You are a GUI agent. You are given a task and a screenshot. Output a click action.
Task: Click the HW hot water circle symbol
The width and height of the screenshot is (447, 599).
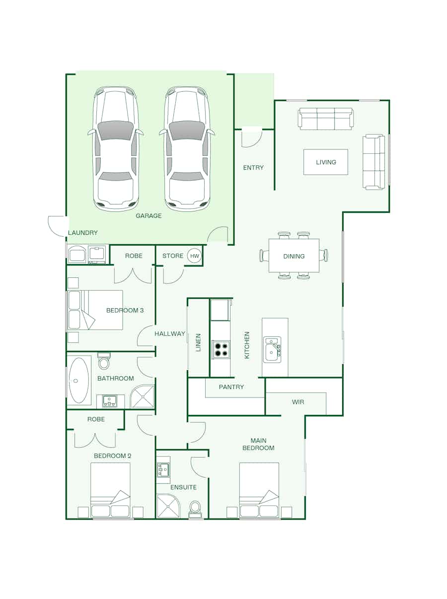(194, 256)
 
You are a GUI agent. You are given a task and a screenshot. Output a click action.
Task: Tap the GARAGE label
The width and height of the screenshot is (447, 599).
(149, 216)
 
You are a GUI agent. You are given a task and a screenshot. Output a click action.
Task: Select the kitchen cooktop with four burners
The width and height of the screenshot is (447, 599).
(221, 349)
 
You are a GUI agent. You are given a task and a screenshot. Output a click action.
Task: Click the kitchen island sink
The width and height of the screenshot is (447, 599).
(272, 349)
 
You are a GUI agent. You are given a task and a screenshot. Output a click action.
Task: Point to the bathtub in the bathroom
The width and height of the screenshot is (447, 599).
(79, 380)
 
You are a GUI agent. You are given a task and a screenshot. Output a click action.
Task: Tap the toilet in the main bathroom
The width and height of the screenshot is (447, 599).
(104, 361)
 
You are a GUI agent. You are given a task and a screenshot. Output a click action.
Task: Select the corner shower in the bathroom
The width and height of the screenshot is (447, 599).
(142, 397)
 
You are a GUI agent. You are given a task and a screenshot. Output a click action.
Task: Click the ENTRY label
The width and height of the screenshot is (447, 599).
(253, 168)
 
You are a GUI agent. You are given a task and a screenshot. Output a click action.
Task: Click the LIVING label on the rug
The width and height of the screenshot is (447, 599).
(326, 162)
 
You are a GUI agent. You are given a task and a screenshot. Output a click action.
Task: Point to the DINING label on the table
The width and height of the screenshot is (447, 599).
(294, 256)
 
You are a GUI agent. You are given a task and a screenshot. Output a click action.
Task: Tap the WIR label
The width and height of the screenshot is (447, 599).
(298, 402)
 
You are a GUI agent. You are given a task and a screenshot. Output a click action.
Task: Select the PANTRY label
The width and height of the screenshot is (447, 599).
(231, 387)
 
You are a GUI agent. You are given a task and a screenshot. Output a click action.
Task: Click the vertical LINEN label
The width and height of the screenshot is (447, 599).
(198, 342)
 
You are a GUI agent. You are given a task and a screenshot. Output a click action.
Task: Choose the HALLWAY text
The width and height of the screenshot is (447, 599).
(170, 333)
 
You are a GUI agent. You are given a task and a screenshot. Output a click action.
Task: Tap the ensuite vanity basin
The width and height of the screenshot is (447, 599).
(163, 470)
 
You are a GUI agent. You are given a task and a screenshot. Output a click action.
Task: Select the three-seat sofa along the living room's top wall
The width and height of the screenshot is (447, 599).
(325, 119)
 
